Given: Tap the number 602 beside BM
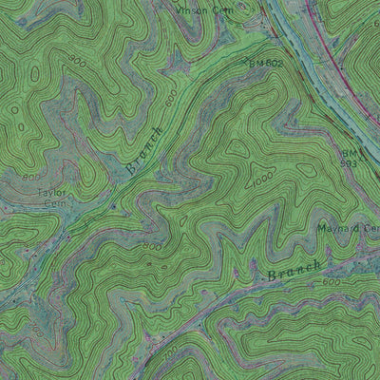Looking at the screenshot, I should tap(275, 64).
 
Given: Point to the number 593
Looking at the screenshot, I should tap(351, 162).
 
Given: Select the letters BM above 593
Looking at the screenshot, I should tap(349, 151).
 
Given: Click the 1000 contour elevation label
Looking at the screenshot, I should tap(261, 179).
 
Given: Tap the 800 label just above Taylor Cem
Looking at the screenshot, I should tap(31, 177).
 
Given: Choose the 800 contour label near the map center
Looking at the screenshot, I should tap(152, 245).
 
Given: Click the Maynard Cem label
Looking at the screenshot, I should tap(346, 228).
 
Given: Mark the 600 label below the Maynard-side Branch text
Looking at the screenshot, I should tap(331, 282).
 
